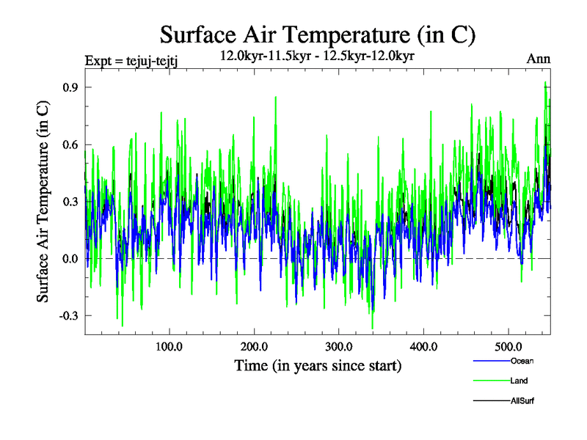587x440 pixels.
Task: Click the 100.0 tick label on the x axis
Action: [169, 345]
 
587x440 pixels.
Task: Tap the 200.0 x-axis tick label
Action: [254, 345]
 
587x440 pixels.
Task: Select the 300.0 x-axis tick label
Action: [339, 345]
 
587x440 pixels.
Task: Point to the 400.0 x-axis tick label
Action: [424, 345]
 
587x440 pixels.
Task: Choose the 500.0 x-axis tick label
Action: [508, 345]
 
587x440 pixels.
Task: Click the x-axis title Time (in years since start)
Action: [318, 365]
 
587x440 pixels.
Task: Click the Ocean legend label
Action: [522, 361]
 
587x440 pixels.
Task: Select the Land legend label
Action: [519, 381]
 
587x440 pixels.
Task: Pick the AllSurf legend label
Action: [522, 401]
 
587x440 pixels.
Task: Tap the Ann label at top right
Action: [539, 59]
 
